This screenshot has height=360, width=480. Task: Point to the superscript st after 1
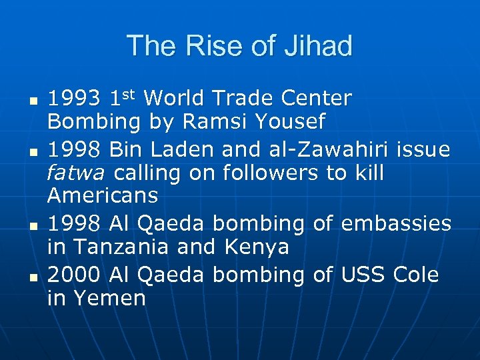[x=129, y=95]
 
